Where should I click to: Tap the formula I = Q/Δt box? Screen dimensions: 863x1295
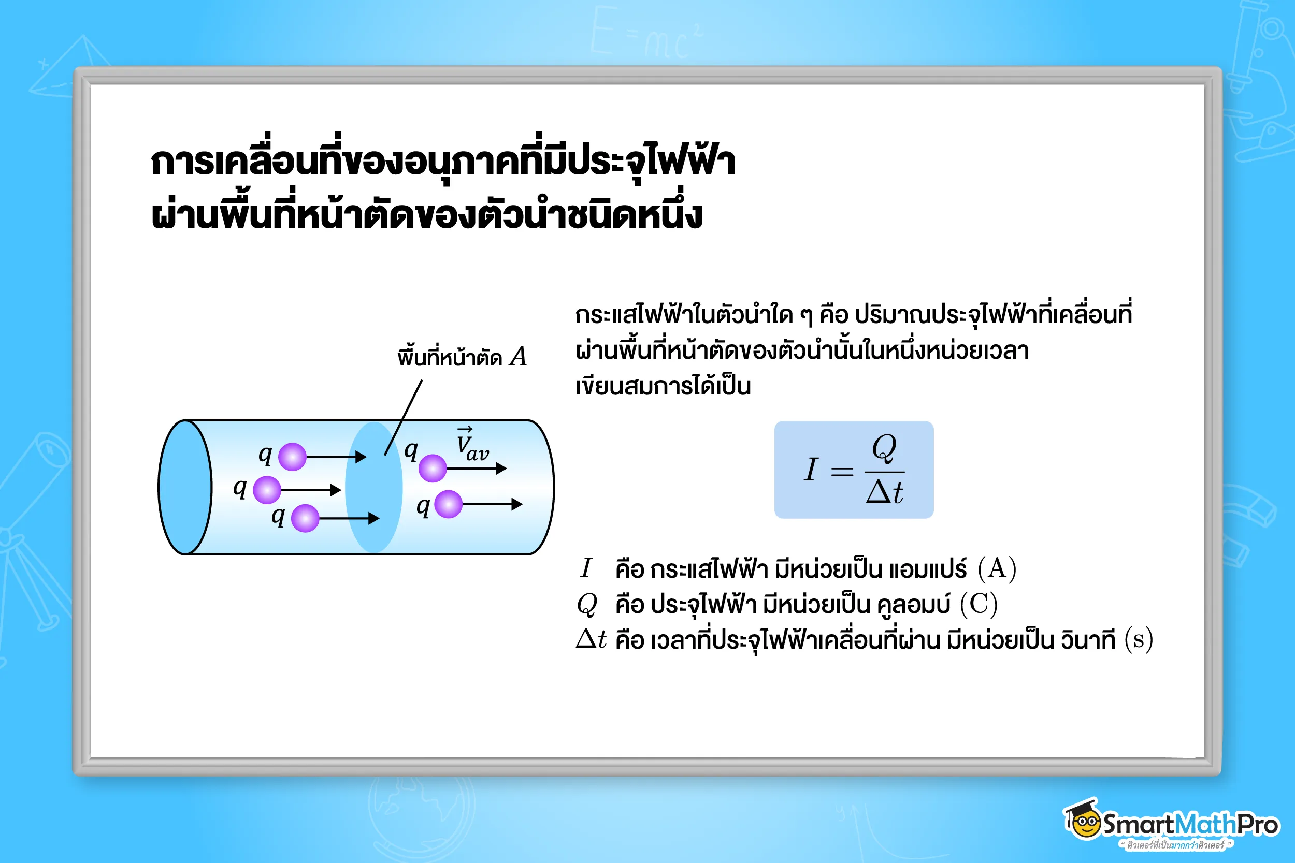[x=854, y=470]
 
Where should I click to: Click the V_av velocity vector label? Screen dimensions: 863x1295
[x=471, y=446]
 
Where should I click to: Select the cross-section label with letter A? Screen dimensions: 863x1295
[x=462, y=357]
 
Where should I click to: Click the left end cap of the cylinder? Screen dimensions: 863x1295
[x=185, y=487]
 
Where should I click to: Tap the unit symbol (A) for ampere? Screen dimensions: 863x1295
[x=997, y=568]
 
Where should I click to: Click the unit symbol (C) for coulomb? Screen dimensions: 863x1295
[x=979, y=604]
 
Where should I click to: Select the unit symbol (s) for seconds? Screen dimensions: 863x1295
[x=1138, y=639]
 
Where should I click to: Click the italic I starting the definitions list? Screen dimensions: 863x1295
[x=586, y=568]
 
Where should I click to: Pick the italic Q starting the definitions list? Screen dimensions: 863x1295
[x=587, y=604]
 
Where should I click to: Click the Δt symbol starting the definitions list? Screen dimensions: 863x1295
[x=591, y=639]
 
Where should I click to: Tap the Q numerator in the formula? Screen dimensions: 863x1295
[x=884, y=448]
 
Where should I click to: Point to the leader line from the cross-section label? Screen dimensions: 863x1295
[x=404, y=417]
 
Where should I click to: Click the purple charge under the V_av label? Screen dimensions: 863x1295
[x=433, y=469]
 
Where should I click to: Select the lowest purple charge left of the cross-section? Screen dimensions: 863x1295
[x=305, y=518]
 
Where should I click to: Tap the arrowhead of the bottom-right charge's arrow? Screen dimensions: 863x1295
[x=516, y=504]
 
